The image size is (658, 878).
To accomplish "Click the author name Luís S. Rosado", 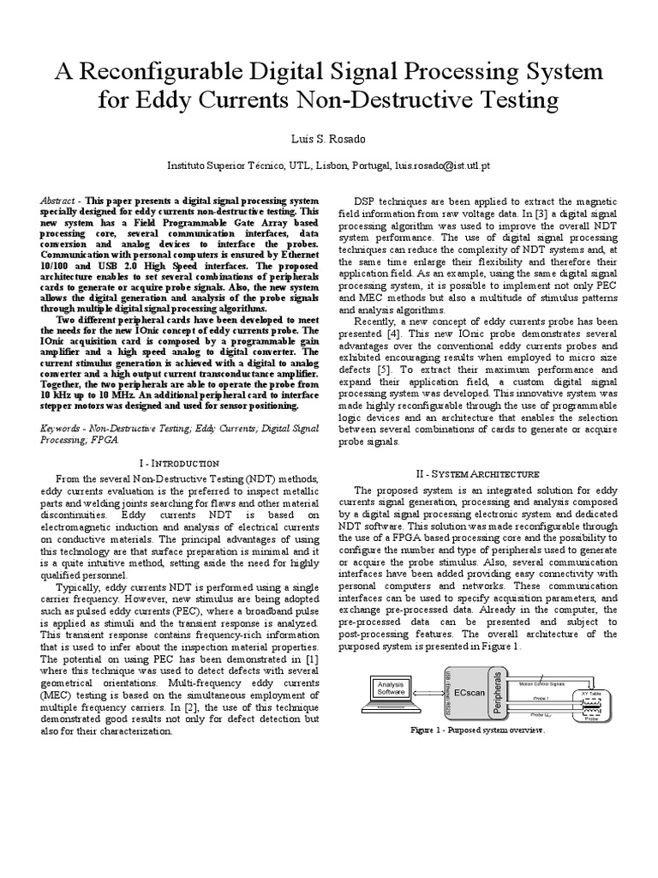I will (x=328, y=138).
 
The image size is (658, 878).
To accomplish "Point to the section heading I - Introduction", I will (x=178, y=462).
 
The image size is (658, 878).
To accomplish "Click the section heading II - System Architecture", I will (x=484, y=473).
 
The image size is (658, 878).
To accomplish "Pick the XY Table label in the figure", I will (x=590, y=693).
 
